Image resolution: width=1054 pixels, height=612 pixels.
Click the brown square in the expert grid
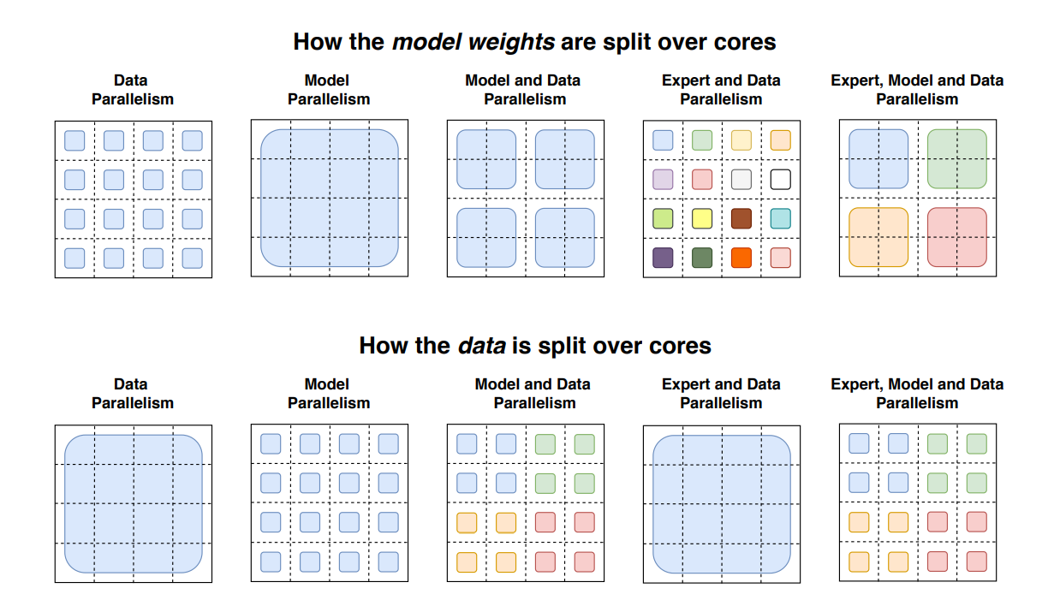pyautogui.click(x=741, y=218)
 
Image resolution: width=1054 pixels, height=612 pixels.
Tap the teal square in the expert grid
pyautogui.click(x=780, y=218)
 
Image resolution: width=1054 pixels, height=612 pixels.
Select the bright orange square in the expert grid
pyautogui.click(x=741, y=257)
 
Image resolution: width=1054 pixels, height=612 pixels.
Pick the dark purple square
pyautogui.click(x=663, y=257)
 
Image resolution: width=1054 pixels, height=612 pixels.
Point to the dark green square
pyautogui.click(x=702, y=257)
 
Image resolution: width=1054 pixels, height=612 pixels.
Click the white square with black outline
pyautogui.click(x=780, y=180)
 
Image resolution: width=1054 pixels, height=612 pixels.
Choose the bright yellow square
pyautogui.click(x=702, y=218)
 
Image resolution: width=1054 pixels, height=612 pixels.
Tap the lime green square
pyautogui.click(x=663, y=218)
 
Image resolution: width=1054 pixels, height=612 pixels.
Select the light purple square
pyautogui.click(x=663, y=180)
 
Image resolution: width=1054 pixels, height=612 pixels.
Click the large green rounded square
pyautogui.click(x=957, y=159)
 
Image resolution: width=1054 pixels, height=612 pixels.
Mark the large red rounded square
pyautogui.click(x=957, y=237)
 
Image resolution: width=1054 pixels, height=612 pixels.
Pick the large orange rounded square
pyautogui.click(x=878, y=237)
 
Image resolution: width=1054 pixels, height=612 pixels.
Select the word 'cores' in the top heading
pyautogui.click(x=746, y=41)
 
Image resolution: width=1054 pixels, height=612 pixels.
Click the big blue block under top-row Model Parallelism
pyautogui.click(x=329, y=198)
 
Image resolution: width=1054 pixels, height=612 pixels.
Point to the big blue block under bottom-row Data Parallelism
pyautogui.click(x=134, y=503)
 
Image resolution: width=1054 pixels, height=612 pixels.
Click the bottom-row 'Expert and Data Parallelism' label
pyautogui.click(x=721, y=394)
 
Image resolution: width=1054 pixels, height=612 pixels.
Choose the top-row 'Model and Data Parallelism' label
pyautogui.click(x=524, y=89)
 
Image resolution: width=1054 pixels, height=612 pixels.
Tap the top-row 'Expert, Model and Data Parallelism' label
pyautogui.click(x=917, y=89)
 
